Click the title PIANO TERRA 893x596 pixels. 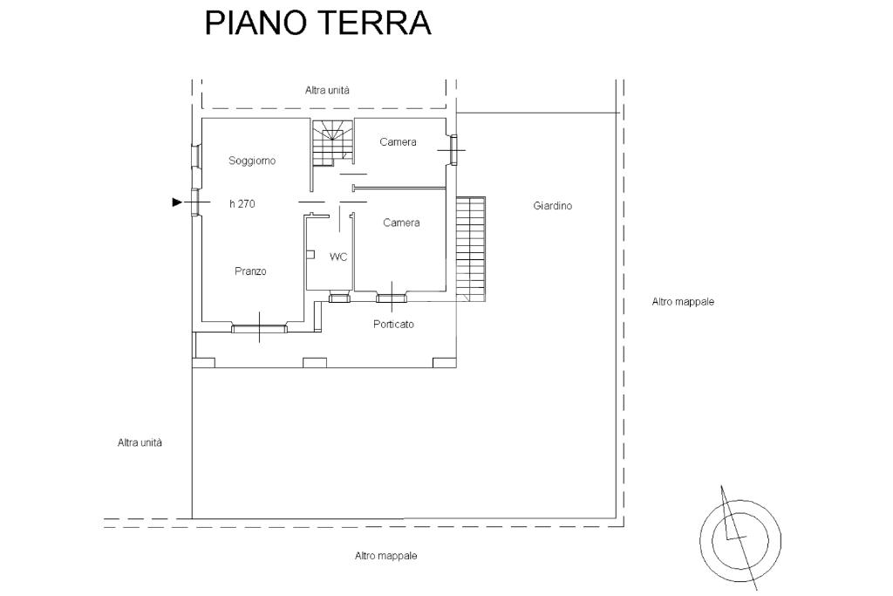pos(317,23)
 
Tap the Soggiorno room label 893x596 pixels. pos(252,161)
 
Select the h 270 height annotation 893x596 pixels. pos(242,203)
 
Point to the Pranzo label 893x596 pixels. pos(250,271)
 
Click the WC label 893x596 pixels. pos(338,257)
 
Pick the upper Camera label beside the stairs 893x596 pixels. pos(398,142)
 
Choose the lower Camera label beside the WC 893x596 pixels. pos(401,223)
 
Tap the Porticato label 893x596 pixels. pos(393,324)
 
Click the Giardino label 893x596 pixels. pos(552,206)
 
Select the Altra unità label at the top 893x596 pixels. pos(327,90)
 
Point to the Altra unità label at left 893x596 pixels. pos(140,442)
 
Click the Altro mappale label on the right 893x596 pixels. pos(683,302)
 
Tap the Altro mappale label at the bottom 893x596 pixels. pos(385,556)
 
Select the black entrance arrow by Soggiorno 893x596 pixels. pos(177,202)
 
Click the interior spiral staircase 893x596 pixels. pos(331,142)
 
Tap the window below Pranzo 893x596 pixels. pos(259,329)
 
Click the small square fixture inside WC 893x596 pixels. pos(310,255)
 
